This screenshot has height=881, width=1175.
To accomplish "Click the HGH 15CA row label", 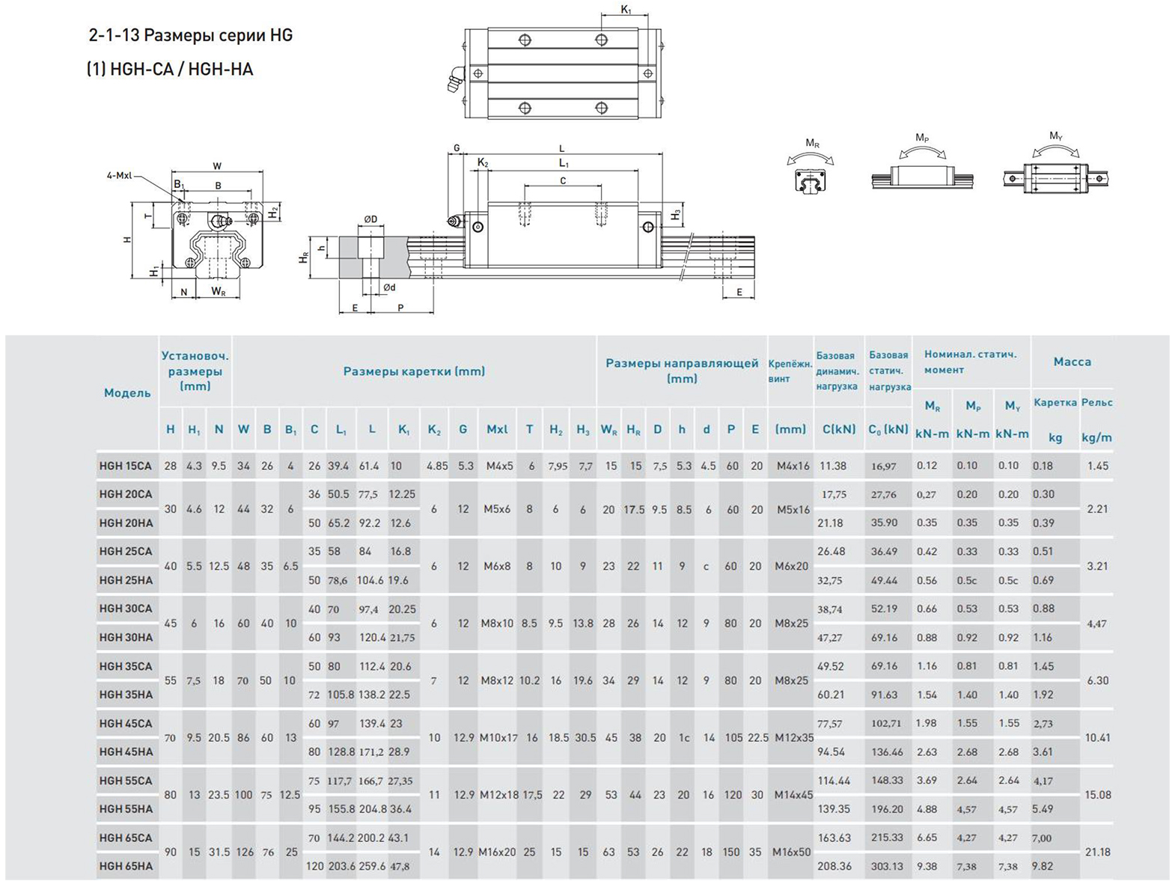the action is tap(125, 466).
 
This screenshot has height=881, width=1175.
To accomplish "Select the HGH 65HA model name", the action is tap(126, 866).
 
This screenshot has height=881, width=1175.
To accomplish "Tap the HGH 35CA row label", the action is tap(126, 666).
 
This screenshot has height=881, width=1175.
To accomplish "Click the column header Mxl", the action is tap(497, 429).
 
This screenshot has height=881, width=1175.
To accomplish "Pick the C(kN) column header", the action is tap(839, 429).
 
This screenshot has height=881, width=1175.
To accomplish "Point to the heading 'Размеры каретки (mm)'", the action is tap(415, 371).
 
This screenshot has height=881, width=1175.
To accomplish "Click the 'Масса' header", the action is tap(1072, 362).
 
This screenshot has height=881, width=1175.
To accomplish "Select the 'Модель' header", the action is tap(127, 393).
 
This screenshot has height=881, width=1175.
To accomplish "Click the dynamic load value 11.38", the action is tap(833, 466).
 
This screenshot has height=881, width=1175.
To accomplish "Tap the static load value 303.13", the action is tap(887, 866).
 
